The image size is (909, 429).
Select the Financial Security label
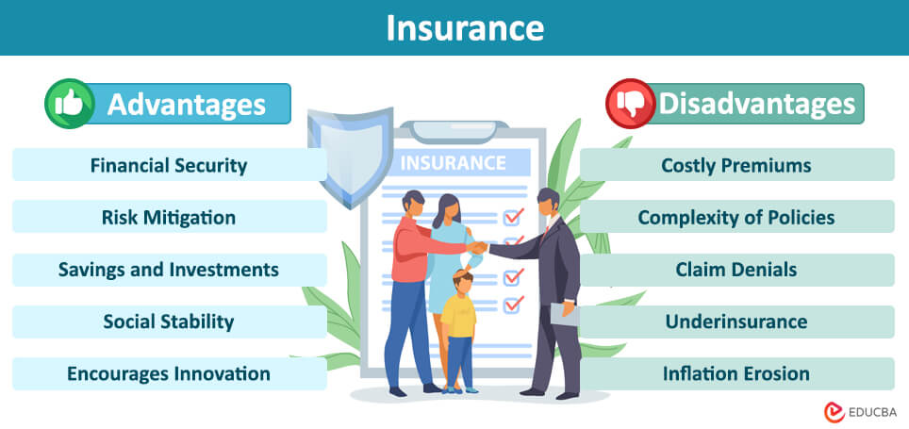tap(169, 165)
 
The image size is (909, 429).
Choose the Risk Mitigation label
tap(169, 218)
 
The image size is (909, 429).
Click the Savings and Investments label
tap(169, 270)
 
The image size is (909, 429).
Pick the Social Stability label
tap(169, 322)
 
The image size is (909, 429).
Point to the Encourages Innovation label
tap(169, 373)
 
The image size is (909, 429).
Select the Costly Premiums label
tap(736, 165)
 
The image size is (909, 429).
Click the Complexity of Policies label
tap(736, 218)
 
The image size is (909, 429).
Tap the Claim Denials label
tap(736, 270)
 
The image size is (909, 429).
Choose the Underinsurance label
tap(736, 322)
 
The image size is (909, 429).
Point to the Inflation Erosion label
tap(736, 373)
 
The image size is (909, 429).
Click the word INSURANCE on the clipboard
tap(454, 162)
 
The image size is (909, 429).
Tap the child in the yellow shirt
tap(459, 325)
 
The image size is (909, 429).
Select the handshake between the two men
tap(479, 247)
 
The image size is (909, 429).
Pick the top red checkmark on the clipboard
tap(513, 217)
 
